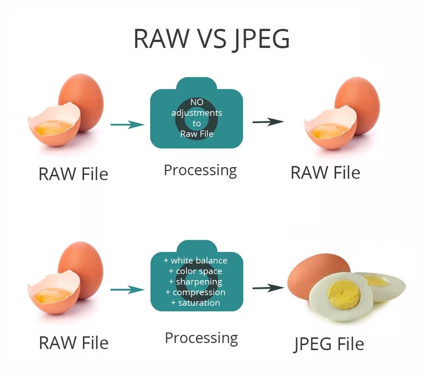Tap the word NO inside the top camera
(196, 102)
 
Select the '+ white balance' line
(196, 260)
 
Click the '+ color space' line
(196, 271)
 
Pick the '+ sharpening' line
(196, 282)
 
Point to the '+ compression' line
(196, 292)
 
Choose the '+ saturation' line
(196, 303)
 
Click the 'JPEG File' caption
(329, 344)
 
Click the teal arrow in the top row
(128, 125)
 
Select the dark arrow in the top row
(268, 122)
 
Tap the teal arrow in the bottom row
(128, 289)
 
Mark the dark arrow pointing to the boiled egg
(268, 288)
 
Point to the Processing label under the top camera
(200, 171)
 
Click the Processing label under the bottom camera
(201, 338)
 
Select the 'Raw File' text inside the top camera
(196, 134)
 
